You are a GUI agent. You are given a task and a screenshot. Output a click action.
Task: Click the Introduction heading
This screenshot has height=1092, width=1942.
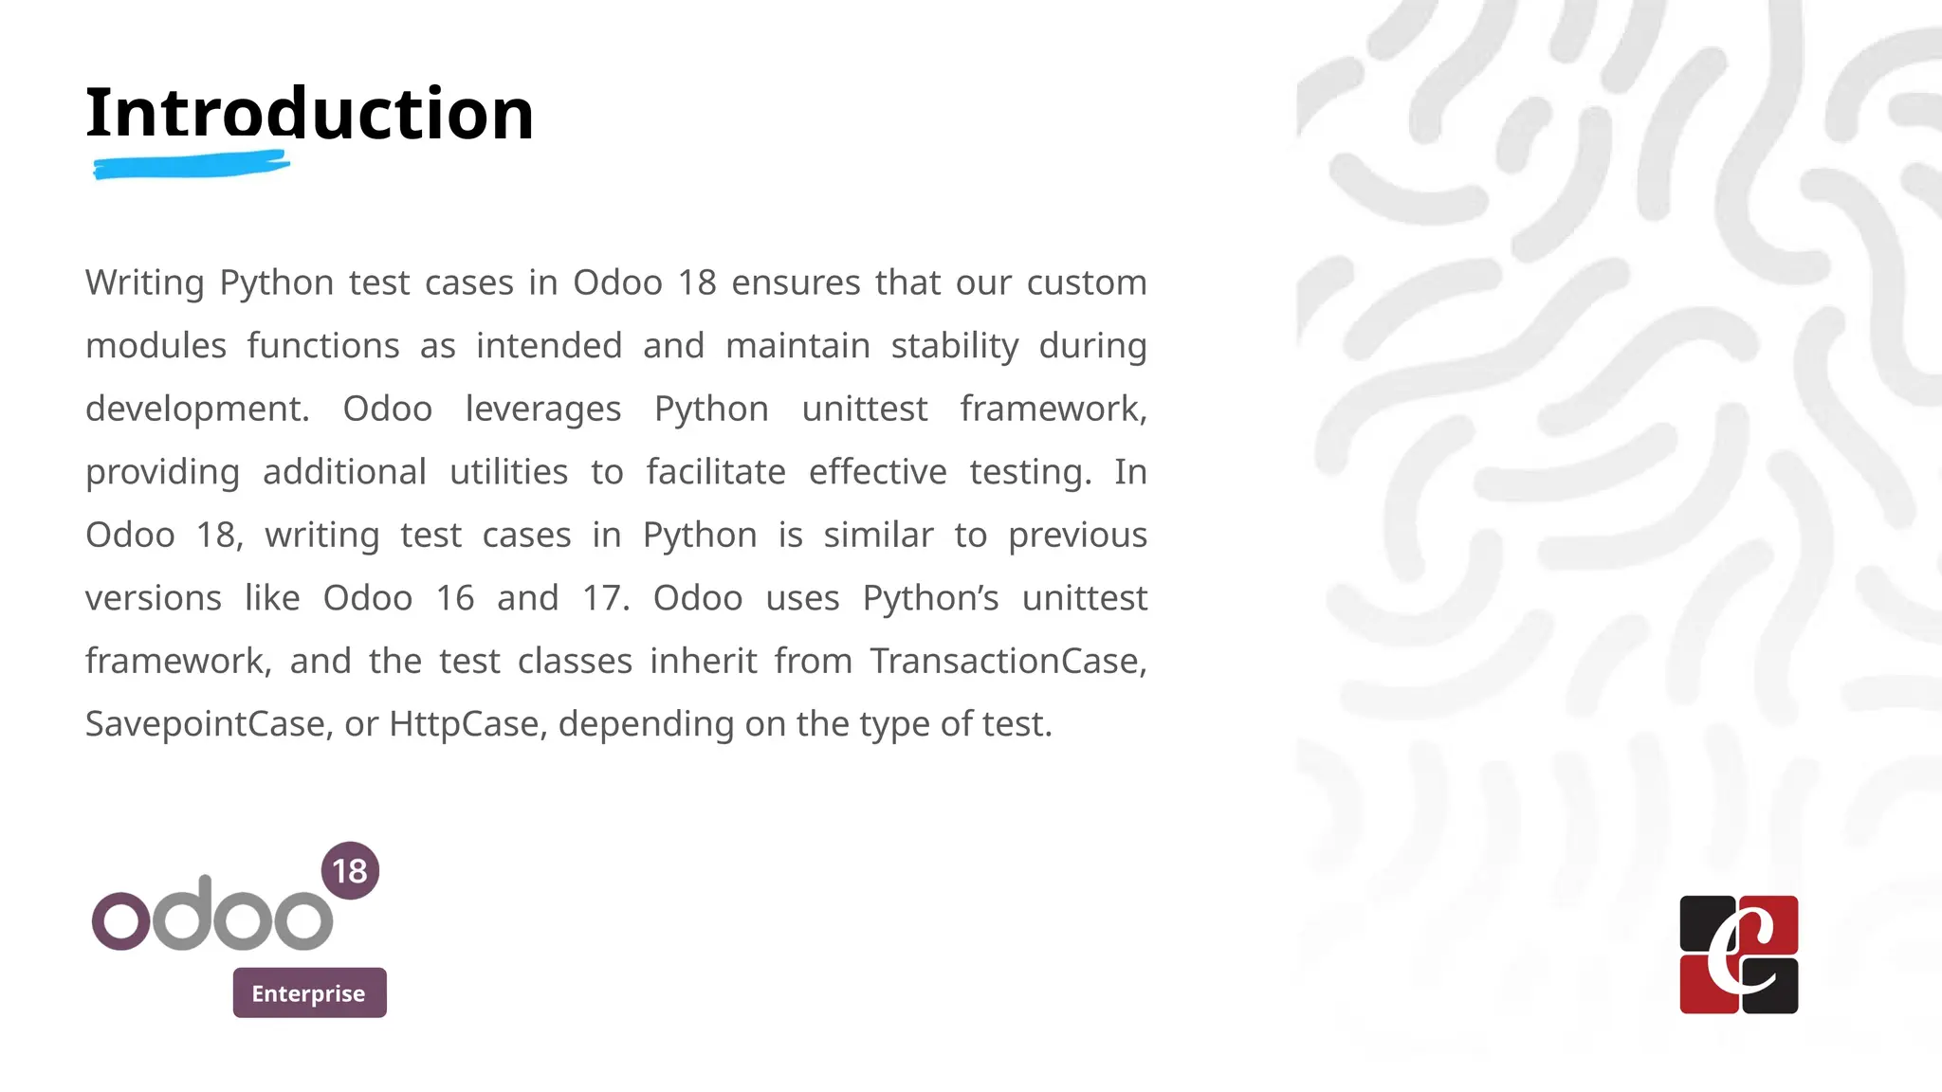[x=309, y=114]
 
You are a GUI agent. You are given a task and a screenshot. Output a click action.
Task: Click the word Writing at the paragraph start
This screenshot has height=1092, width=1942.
[x=144, y=282]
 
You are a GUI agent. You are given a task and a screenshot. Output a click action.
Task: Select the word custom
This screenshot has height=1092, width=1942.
[x=1087, y=282]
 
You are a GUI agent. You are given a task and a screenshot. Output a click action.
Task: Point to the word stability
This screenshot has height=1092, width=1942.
[x=954, y=346]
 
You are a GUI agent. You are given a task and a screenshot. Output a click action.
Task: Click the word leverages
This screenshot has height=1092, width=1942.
[x=542, y=409]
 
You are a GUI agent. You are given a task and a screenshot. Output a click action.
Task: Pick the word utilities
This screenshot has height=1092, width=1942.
[x=508, y=472]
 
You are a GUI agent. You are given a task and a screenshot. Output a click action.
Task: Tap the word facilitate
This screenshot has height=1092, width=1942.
[x=716, y=472]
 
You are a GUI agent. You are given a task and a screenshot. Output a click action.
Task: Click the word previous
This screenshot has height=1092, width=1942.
[x=1077, y=535]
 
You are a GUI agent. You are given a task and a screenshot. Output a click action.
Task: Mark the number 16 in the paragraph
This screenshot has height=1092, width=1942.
[x=454, y=598]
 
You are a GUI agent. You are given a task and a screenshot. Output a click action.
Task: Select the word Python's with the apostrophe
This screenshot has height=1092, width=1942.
[x=930, y=598]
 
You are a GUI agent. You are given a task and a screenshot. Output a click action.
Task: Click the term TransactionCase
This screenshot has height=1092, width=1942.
[x=1008, y=661]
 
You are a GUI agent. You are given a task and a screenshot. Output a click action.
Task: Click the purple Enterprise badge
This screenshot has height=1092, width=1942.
[x=309, y=992]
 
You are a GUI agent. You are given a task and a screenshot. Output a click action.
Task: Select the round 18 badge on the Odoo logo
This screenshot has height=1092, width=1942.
[x=350, y=870]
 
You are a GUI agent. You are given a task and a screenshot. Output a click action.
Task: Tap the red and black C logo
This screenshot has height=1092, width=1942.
[x=1738, y=955]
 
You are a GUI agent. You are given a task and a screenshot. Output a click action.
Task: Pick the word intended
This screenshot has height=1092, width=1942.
[x=548, y=346]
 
